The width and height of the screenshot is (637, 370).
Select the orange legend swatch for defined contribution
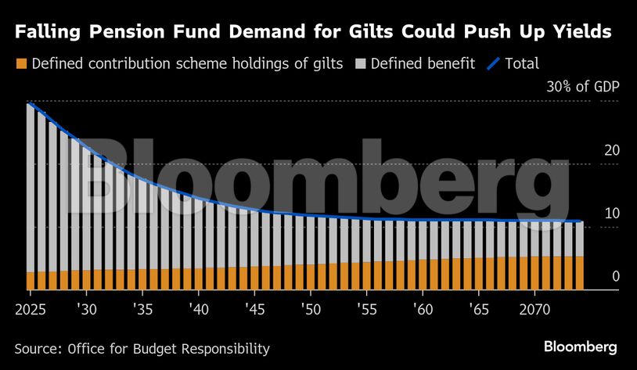click(21, 63)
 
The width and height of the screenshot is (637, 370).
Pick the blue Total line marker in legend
click(494, 63)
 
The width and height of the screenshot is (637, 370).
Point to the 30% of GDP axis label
click(581, 86)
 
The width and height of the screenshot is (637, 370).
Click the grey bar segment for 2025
click(31, 188)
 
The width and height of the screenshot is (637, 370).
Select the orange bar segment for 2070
click(534, 273)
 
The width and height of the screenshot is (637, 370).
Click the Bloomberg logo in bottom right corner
click(580, 347)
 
